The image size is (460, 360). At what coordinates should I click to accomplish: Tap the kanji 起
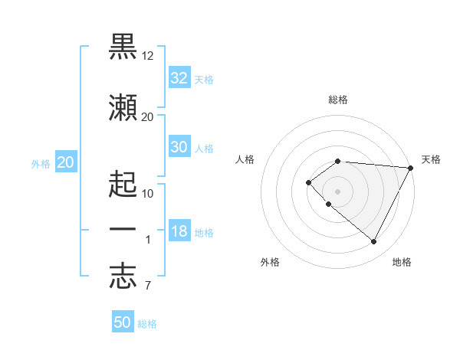pyautogui.click(x=123, y=184)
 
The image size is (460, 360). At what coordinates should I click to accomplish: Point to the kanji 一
pyautogui.click(x=123, y=229)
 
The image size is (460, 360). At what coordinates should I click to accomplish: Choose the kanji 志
pyautogui.click(x=123, y=277)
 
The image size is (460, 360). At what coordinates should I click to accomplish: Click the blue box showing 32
pyautogui.click(x=179, y=77)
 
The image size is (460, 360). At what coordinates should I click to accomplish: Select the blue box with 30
pyautogui.click(x=179, y=147)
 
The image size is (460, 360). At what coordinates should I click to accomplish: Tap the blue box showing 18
pyautogui.click(x=179, y=231)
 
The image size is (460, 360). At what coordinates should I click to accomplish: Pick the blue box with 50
pyautogui.click(x=123, y=322)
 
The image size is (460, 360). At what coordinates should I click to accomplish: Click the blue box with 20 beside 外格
pyautogui.click(x=66, y=162)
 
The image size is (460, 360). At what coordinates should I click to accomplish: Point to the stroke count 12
pyautogui.click(x=148, y=57)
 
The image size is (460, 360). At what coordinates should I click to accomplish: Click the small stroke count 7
pyautogui.click(x=147, y=286)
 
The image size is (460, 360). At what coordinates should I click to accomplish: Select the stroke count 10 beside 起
pyautogui.click(x=148, y=193)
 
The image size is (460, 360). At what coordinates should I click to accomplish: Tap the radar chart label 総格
pyautogui.click(x=338, y=100)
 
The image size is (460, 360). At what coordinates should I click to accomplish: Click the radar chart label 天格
pyautogui.click(x=431, y=159)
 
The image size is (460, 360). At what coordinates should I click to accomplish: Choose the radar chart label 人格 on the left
pyautogui.click(x=245, y=159)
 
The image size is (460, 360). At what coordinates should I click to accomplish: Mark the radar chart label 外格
pyautogui.click(x=270, y=262)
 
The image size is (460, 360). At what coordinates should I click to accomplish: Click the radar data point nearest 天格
pyautogui.click(x=410, y=168)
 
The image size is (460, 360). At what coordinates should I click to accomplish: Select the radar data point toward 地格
pyautogui.click(x=373, y=242)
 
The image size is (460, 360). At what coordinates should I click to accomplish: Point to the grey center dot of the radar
pyautogui.click(x=337, y=191)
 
